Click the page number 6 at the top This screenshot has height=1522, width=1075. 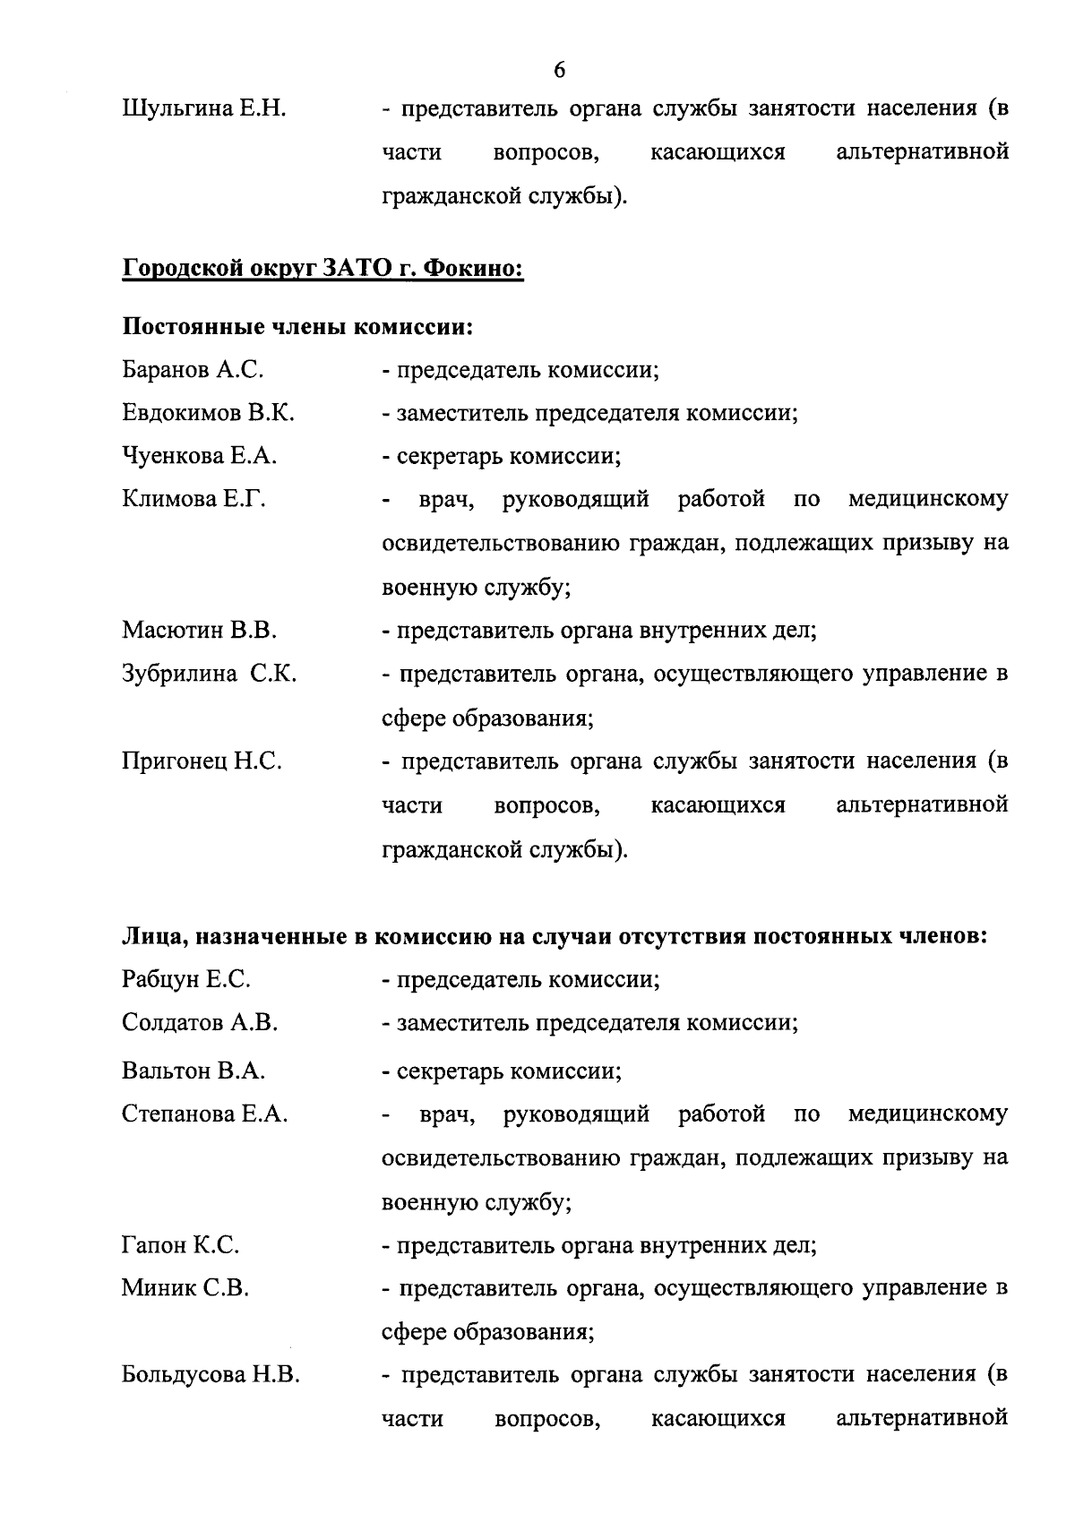559,70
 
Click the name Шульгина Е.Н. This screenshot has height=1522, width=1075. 204,109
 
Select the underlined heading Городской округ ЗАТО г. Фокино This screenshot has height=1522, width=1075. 322,268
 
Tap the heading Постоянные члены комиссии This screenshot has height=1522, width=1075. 297,326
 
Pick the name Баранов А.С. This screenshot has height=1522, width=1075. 193,369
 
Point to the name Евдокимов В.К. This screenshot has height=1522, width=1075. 209,413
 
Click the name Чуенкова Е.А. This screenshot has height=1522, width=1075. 200,456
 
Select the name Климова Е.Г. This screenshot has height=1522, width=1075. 194,499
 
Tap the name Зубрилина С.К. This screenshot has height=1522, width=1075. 210,674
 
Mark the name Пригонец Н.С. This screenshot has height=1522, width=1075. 202,761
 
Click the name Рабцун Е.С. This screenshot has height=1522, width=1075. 186,980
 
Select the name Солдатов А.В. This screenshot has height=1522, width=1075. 200,1023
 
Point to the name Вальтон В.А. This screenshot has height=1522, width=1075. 193,1071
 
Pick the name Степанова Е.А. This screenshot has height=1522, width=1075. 205,1114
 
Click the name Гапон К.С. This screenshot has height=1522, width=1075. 180,1245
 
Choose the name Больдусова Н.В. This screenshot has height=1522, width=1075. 211,1375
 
